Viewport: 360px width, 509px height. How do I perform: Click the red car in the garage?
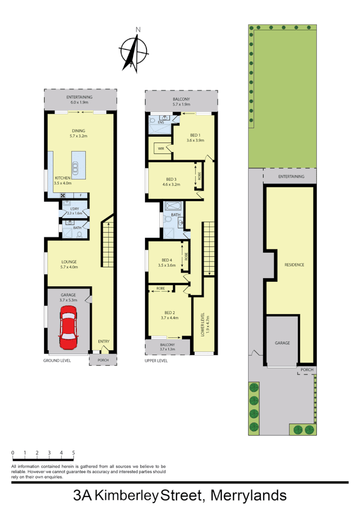[68, 329]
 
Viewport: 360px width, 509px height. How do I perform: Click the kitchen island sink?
[75, 167]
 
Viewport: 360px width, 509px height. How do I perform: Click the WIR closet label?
[161, 149]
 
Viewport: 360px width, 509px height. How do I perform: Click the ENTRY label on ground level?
[104, 342]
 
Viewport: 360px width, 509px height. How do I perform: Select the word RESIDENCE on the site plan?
[294, 265]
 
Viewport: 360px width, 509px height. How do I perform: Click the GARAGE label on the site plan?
[282, 343]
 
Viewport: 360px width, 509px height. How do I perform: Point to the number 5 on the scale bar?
[73, 452]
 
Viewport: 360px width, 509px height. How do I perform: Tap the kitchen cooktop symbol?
[62, 195]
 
